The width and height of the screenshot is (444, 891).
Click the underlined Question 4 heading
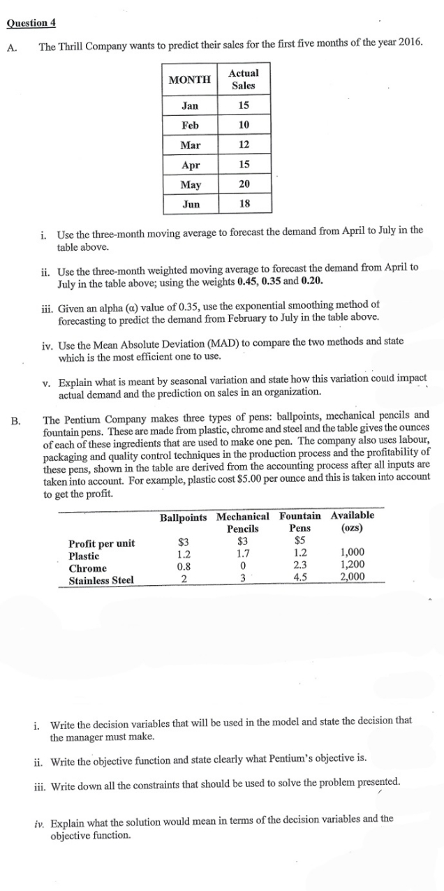point(31,22)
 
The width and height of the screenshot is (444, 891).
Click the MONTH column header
point(189,80)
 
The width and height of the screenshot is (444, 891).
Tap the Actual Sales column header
point(244,79)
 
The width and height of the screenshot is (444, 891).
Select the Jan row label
point(189,106)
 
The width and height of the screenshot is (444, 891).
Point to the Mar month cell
point(189,145)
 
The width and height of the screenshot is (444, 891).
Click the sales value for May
point(244,184)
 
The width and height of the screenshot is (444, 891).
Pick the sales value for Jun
point(244,204)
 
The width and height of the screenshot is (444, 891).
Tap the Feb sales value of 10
point(244,126)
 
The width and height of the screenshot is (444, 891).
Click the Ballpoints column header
point(184,517)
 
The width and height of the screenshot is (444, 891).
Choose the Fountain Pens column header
point(300,522)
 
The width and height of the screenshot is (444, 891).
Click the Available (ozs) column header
point(352,522)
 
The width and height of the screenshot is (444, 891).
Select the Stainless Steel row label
point(102,579)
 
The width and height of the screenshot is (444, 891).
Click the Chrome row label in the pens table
point(88,568)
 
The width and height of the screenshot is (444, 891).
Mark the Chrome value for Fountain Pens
point(299,567)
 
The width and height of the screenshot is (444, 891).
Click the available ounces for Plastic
point(352,556)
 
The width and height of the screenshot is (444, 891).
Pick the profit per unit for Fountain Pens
point(299,543)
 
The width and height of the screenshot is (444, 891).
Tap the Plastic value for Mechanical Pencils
point(242,556)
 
